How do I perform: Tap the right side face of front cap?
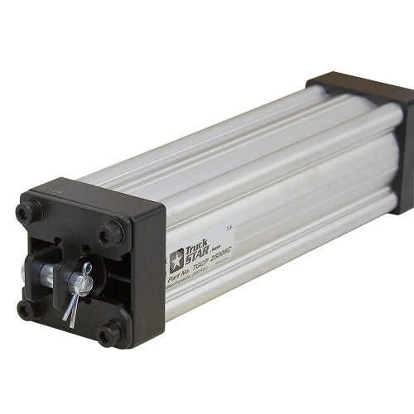149,273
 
